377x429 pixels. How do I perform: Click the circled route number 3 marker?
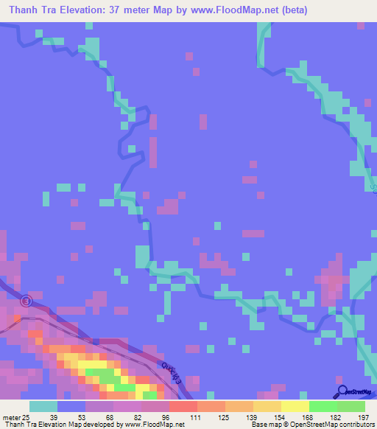(27, 301)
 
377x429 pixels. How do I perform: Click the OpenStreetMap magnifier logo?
(342, 392)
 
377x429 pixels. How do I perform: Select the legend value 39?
(52, 416)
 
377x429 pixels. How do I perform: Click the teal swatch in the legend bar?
(43, 406)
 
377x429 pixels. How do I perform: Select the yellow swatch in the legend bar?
(295, 406)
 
